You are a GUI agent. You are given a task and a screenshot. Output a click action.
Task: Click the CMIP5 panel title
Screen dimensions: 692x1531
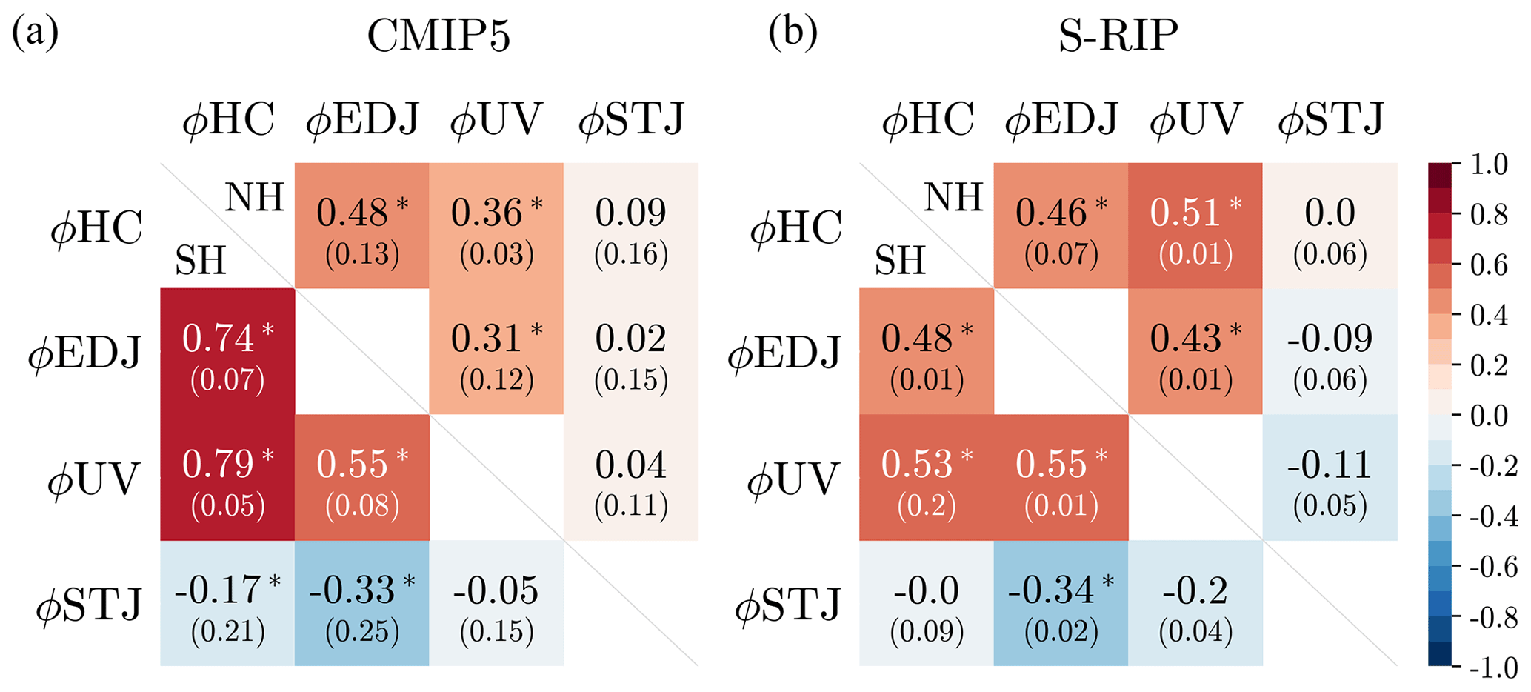pos(438,36)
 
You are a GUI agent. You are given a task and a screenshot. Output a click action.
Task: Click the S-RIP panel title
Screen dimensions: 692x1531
pos(1118,36)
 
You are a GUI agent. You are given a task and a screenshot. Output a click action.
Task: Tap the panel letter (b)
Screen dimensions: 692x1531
pos(793,33)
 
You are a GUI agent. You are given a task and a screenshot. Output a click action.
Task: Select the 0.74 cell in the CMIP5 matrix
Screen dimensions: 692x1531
pos(227,351)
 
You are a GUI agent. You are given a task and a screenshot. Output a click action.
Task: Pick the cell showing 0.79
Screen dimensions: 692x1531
pos(227,477)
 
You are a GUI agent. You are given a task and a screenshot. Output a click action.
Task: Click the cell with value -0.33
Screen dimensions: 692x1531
pos(361,603)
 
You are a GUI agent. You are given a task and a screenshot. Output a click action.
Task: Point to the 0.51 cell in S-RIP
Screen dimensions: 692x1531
pos(1195,225)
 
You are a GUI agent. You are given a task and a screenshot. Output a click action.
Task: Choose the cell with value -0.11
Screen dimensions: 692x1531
pos(1330,477)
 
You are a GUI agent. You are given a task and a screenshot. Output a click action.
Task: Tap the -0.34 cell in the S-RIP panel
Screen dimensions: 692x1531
pos(1061,603)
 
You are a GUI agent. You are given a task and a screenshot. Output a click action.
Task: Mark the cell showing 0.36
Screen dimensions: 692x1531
pos(496,225)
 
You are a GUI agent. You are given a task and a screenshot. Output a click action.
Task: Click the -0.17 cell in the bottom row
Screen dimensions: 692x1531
pos(227,603)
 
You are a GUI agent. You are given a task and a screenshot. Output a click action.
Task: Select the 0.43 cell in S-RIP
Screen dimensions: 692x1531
pos(1195,351)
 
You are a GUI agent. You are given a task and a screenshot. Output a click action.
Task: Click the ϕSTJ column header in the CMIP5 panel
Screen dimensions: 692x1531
pos(631,119)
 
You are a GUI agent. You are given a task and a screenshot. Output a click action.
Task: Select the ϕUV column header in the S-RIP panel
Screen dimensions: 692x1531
pos(1195,119)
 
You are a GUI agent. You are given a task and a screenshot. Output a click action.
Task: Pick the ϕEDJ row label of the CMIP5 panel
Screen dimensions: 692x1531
pos(84,353)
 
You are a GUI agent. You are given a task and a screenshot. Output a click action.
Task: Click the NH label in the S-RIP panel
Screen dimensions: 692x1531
pos(953,198)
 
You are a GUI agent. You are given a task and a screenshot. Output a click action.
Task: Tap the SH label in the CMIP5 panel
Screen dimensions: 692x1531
pos(200,261)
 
